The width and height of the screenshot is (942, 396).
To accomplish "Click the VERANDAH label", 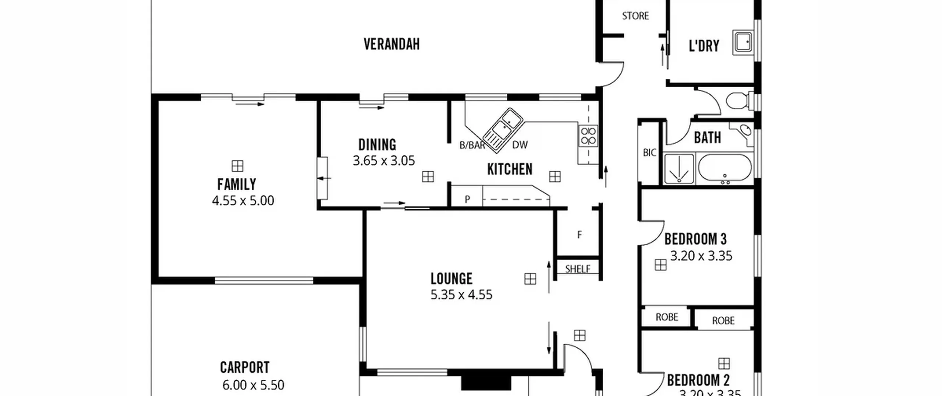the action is click(x=392, y=44).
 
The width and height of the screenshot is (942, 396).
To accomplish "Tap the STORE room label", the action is click(x=635, y=16).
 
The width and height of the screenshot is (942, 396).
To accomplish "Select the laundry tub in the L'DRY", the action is click(x=743, y=42).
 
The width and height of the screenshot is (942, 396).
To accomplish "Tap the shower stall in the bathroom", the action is click(x=679, y=168).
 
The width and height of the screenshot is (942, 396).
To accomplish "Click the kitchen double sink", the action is click(x=503, y=130).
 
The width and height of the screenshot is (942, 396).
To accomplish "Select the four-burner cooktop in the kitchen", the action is click(x=588, y=136).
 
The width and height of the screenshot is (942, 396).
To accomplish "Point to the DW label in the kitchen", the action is click(x=520, y=145).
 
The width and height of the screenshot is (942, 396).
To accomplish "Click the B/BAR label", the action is click(x=472, y=145).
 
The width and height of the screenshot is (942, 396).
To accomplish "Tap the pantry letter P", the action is click(x=467, y=199).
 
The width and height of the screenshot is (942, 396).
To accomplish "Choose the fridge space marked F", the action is click(x=580, y=235).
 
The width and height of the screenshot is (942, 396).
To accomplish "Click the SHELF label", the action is click(x=578, y=269).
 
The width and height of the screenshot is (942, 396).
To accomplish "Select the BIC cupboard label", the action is click(x=649, y=153).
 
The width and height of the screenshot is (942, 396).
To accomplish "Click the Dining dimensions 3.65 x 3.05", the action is click(x=384, y=161).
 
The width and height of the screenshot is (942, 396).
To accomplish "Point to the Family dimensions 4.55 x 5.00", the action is click(x=243, y=201).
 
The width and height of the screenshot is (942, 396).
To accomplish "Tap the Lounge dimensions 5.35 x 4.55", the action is click(x=461, y=295).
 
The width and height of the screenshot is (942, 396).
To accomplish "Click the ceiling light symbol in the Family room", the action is click(x=238, y=166).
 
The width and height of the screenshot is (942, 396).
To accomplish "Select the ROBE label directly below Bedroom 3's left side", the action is click(x=667, y=317).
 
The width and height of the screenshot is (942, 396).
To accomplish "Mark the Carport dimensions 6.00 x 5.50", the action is click(x=253, y=385).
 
